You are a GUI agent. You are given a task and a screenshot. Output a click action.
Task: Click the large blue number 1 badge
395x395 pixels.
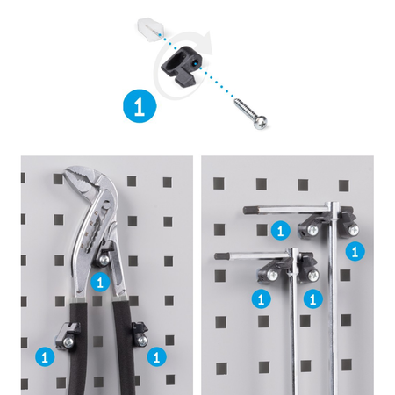coord(140,106)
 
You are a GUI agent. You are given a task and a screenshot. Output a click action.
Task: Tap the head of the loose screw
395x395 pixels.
coord(260,123)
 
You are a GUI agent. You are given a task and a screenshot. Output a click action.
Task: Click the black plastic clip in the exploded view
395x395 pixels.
coord(182,66)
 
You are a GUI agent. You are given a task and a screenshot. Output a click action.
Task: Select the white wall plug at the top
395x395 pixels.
coord(151,29)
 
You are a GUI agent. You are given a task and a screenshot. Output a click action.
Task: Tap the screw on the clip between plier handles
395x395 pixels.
coord(104,260)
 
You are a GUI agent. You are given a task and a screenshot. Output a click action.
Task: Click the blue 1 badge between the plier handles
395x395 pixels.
coord(100,282)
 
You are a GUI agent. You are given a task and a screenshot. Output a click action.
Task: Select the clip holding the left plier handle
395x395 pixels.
coord(68,335)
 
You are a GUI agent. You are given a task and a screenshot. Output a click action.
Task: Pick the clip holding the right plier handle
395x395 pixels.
coord(140,334)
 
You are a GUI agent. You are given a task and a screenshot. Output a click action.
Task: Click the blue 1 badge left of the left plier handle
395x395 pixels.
coord(45,356)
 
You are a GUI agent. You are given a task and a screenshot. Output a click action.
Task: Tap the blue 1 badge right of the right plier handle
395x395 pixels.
coord(156,356)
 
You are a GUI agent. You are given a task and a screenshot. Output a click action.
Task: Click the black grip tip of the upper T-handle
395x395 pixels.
coord(251,210)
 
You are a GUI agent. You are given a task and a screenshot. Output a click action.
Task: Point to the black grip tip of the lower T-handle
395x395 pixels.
coord(222,256)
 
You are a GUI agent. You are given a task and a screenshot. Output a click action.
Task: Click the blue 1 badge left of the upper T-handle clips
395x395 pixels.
coord(281,231)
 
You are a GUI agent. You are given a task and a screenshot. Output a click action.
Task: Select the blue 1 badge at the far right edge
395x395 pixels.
coord(355,251)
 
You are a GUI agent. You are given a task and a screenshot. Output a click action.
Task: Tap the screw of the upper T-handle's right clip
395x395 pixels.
coord(354,230)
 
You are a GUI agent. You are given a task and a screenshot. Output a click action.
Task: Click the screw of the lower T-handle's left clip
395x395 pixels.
coord(272,275)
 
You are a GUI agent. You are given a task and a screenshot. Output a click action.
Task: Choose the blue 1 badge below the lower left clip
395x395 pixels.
coord(261,298)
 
